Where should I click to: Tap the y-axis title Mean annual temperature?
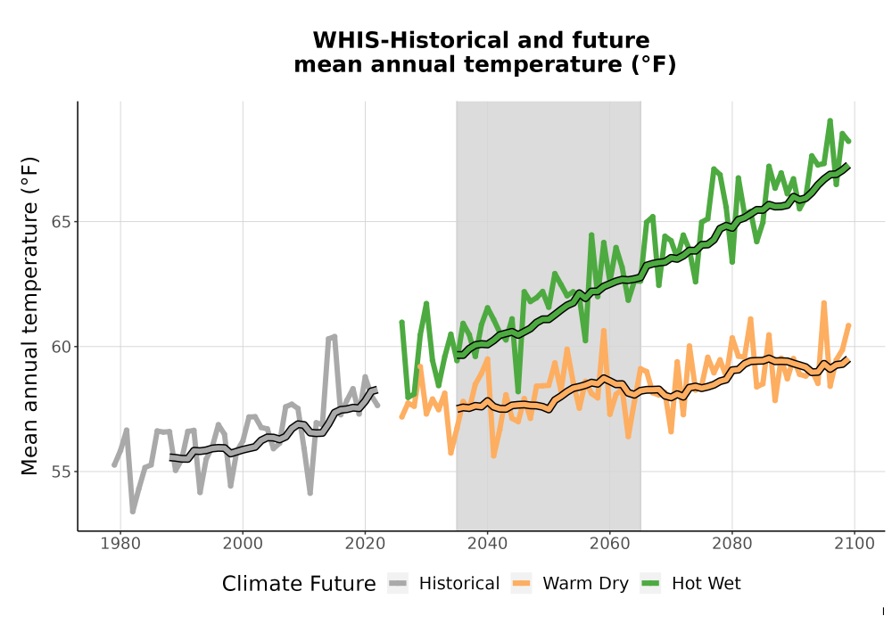click(29, 316)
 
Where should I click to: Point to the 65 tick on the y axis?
click(61, 222)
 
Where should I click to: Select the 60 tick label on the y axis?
click(61, 347)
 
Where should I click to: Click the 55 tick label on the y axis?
click(61, 472)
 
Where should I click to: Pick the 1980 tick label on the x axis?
click(120, 544)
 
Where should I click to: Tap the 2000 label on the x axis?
click(243, 544)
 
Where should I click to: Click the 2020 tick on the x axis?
click(365, 544)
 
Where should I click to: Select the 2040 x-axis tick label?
click(488, 544)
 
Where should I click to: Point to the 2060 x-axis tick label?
click(610, 544)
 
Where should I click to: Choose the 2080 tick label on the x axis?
click(732, 544)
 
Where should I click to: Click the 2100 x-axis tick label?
click(855, 544)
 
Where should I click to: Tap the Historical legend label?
click(459, 584)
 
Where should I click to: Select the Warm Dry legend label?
click(585, 584)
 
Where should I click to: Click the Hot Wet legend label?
click(706, 584)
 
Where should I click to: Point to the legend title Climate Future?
click(299, 584)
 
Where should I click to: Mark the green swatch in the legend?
click(650, 584)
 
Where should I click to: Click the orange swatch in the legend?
click(521, 584)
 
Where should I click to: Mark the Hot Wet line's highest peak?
click(830, 120)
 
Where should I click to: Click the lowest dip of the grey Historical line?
click(133, 512)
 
